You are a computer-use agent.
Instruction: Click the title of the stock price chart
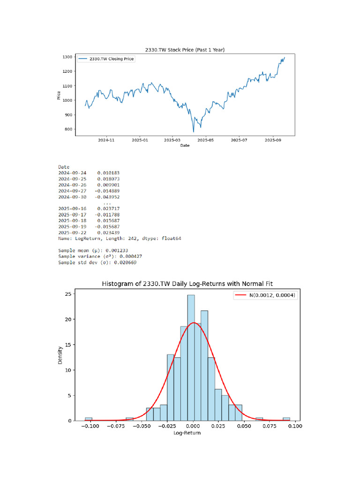[x=186, y=50]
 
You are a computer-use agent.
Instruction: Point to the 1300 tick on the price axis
[x=67, y=57]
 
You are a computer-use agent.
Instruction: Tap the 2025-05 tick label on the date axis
[x=205, y=140]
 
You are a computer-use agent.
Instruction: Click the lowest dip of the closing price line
[x=193, y=131]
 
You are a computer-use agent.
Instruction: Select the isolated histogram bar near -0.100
[x=89, y=419]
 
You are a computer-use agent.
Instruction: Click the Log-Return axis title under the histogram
[x=187, y=433]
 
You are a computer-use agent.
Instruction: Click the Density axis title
[x=60, y=355]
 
